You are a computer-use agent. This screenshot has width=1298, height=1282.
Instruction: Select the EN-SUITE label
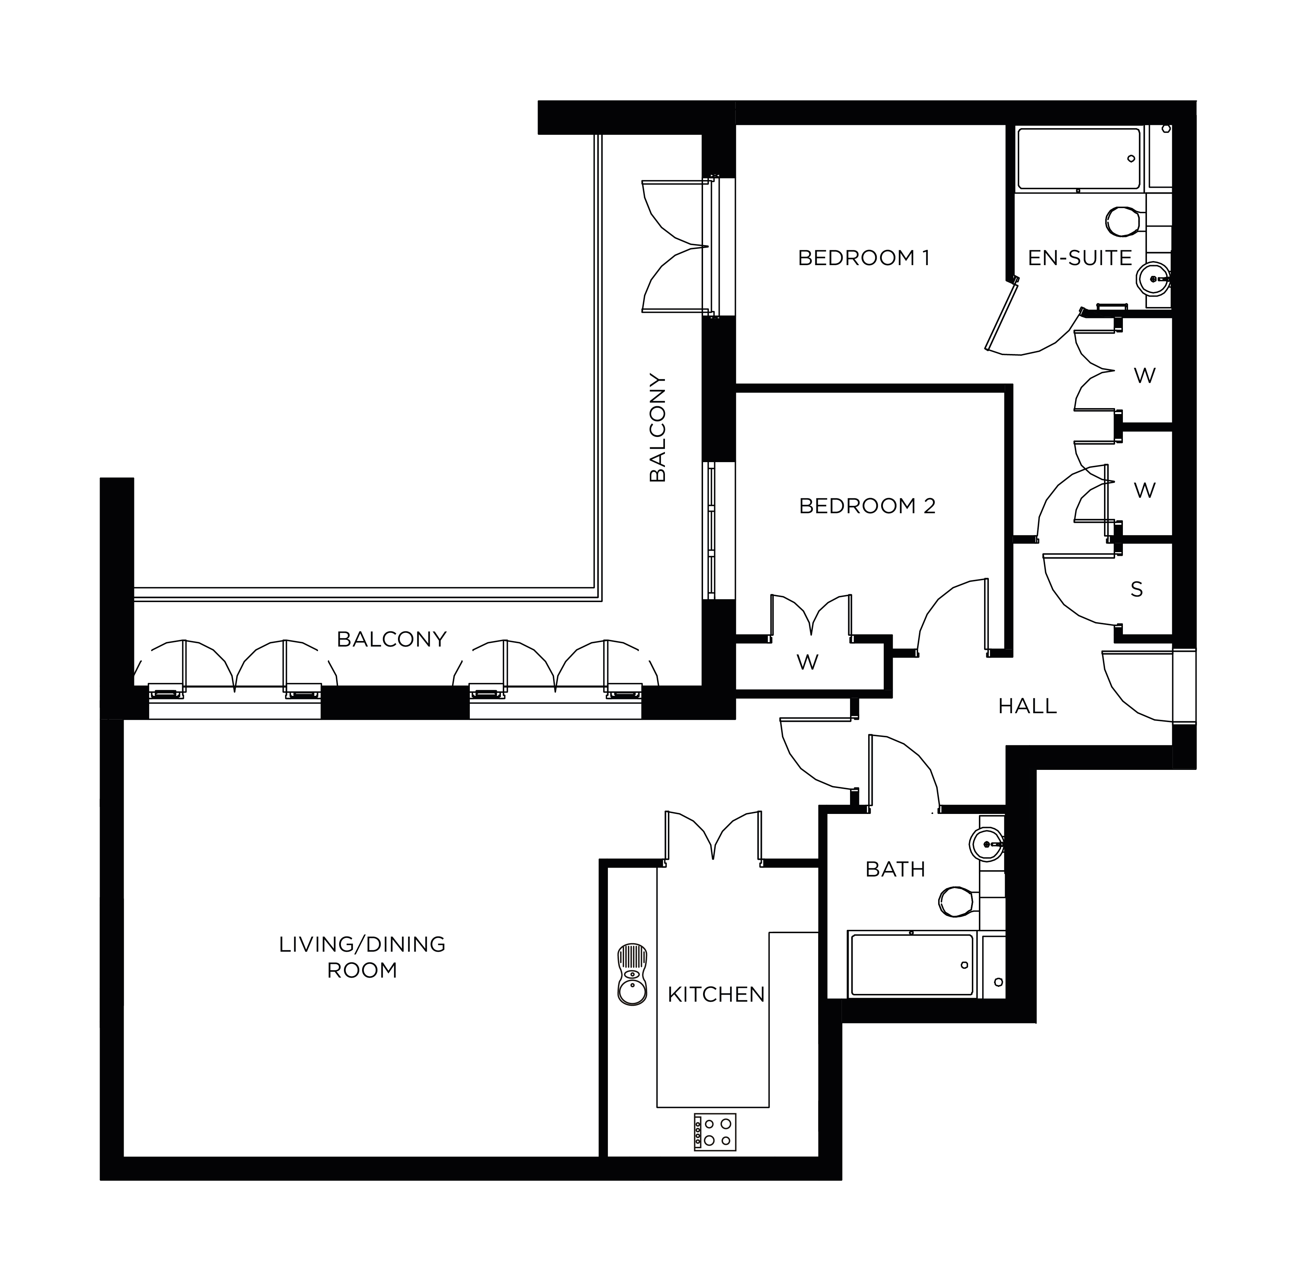(x=1080, y=258)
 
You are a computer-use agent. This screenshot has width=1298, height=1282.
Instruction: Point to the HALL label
(x=1027, y=706)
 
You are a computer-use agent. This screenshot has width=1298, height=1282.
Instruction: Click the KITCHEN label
(x=716, y=994)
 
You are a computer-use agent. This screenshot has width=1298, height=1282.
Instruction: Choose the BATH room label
(x=895, y=869)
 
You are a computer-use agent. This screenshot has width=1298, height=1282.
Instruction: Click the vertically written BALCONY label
(x=658, y=428)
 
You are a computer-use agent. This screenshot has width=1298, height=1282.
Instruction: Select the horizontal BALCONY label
(x=392, y=639)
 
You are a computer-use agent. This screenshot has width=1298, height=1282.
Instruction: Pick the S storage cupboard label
(x=1137, y=589)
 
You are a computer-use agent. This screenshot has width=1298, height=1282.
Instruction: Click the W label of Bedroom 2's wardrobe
(x=807, y=662)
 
